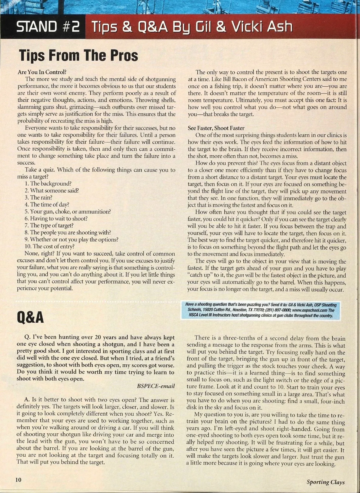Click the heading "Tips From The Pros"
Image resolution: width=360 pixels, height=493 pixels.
[x=78, y=56]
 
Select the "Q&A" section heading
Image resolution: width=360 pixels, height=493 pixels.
[x=30, y=317]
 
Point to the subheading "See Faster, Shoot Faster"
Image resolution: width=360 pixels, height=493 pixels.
[x=216, y=128]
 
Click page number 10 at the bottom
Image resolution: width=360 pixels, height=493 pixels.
[x=19, y=480]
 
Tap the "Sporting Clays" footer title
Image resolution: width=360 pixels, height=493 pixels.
[x=325, y=482]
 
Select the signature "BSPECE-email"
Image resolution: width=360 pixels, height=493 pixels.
[x=156, y=386]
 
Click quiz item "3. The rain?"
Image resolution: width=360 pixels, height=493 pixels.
[x=38, y=198]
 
